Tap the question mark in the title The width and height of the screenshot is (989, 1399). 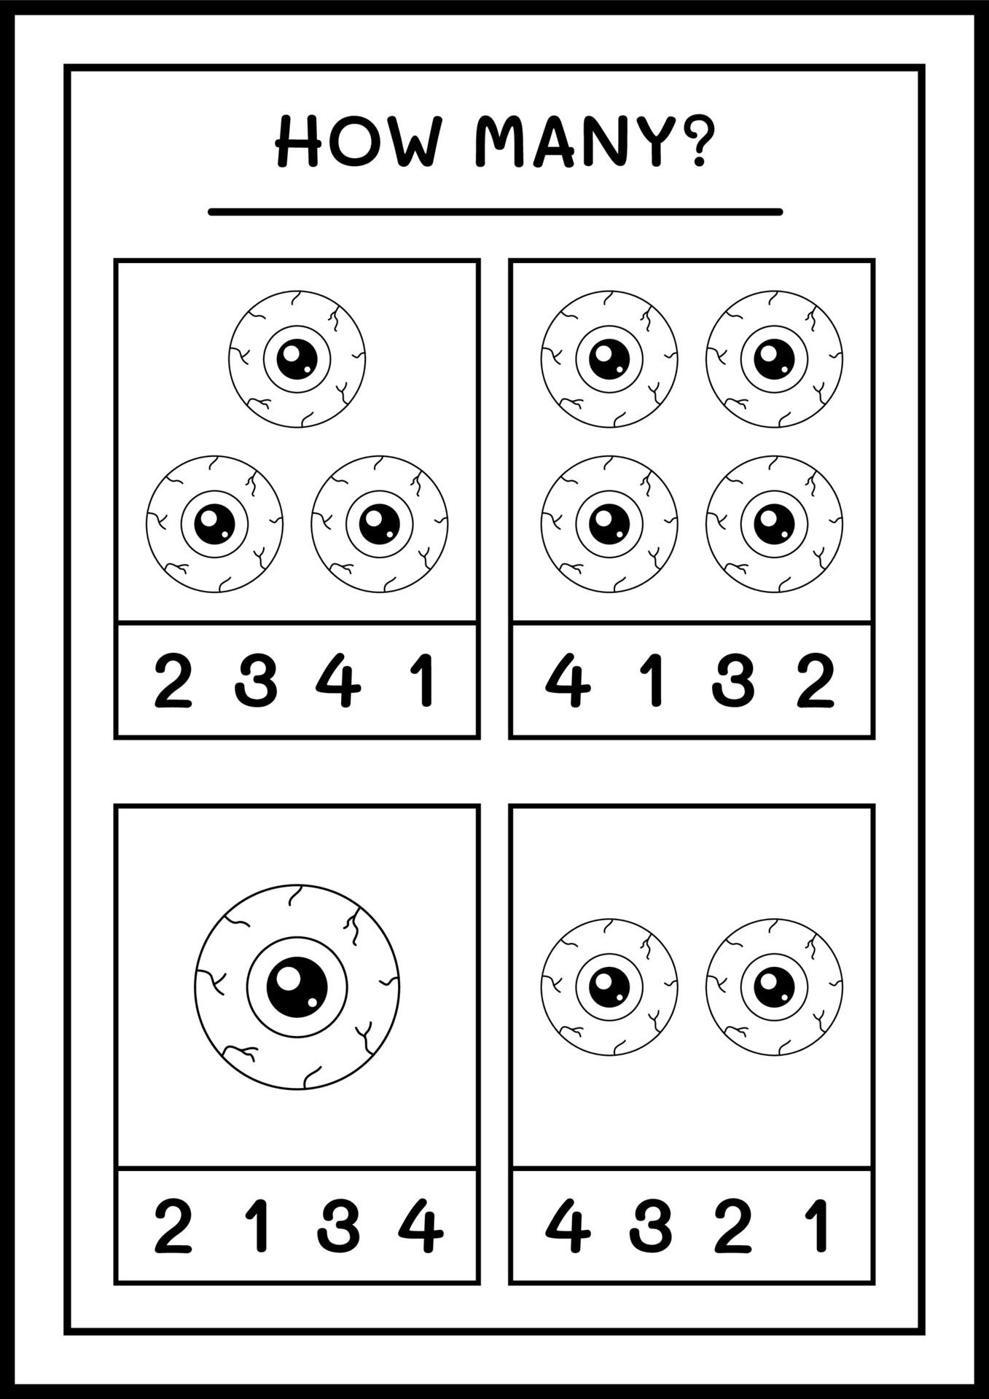[697, 139]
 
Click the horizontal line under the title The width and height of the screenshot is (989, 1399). [495, 212]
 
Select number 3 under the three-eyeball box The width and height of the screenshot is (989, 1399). [256, 681]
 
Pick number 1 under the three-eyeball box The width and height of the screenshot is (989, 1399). [423, 681]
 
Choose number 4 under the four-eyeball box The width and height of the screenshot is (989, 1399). [568, 681]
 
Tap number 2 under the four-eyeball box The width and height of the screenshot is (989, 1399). [815, 681]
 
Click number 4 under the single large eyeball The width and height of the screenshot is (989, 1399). [421, 1226]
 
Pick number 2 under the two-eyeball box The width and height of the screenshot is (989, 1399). [732, 1226]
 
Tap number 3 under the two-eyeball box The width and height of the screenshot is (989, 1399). [649, 1226]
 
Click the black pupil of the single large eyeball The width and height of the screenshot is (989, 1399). [297, 987]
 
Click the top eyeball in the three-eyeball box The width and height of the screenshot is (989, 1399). [297, 358]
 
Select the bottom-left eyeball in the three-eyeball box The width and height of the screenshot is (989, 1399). [214, 524]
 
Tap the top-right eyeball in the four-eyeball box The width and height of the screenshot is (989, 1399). [774, 358]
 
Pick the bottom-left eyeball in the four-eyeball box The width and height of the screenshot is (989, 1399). [609, 524]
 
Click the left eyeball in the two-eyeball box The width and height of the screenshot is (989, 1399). [609, 987]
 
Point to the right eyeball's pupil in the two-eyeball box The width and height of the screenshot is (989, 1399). [774, 987]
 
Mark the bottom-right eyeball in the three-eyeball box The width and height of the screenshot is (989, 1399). [379, 524]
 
